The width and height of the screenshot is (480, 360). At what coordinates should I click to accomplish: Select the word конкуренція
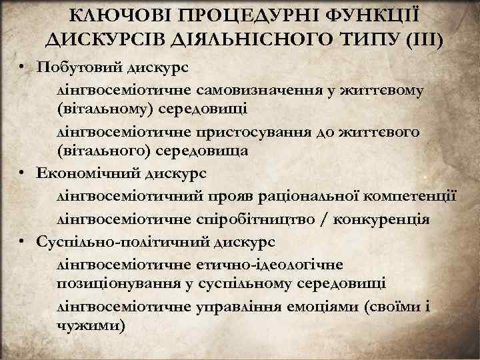click(x=391, y=219)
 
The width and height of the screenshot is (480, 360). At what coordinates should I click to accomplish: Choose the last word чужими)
click(x=91, y=327)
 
